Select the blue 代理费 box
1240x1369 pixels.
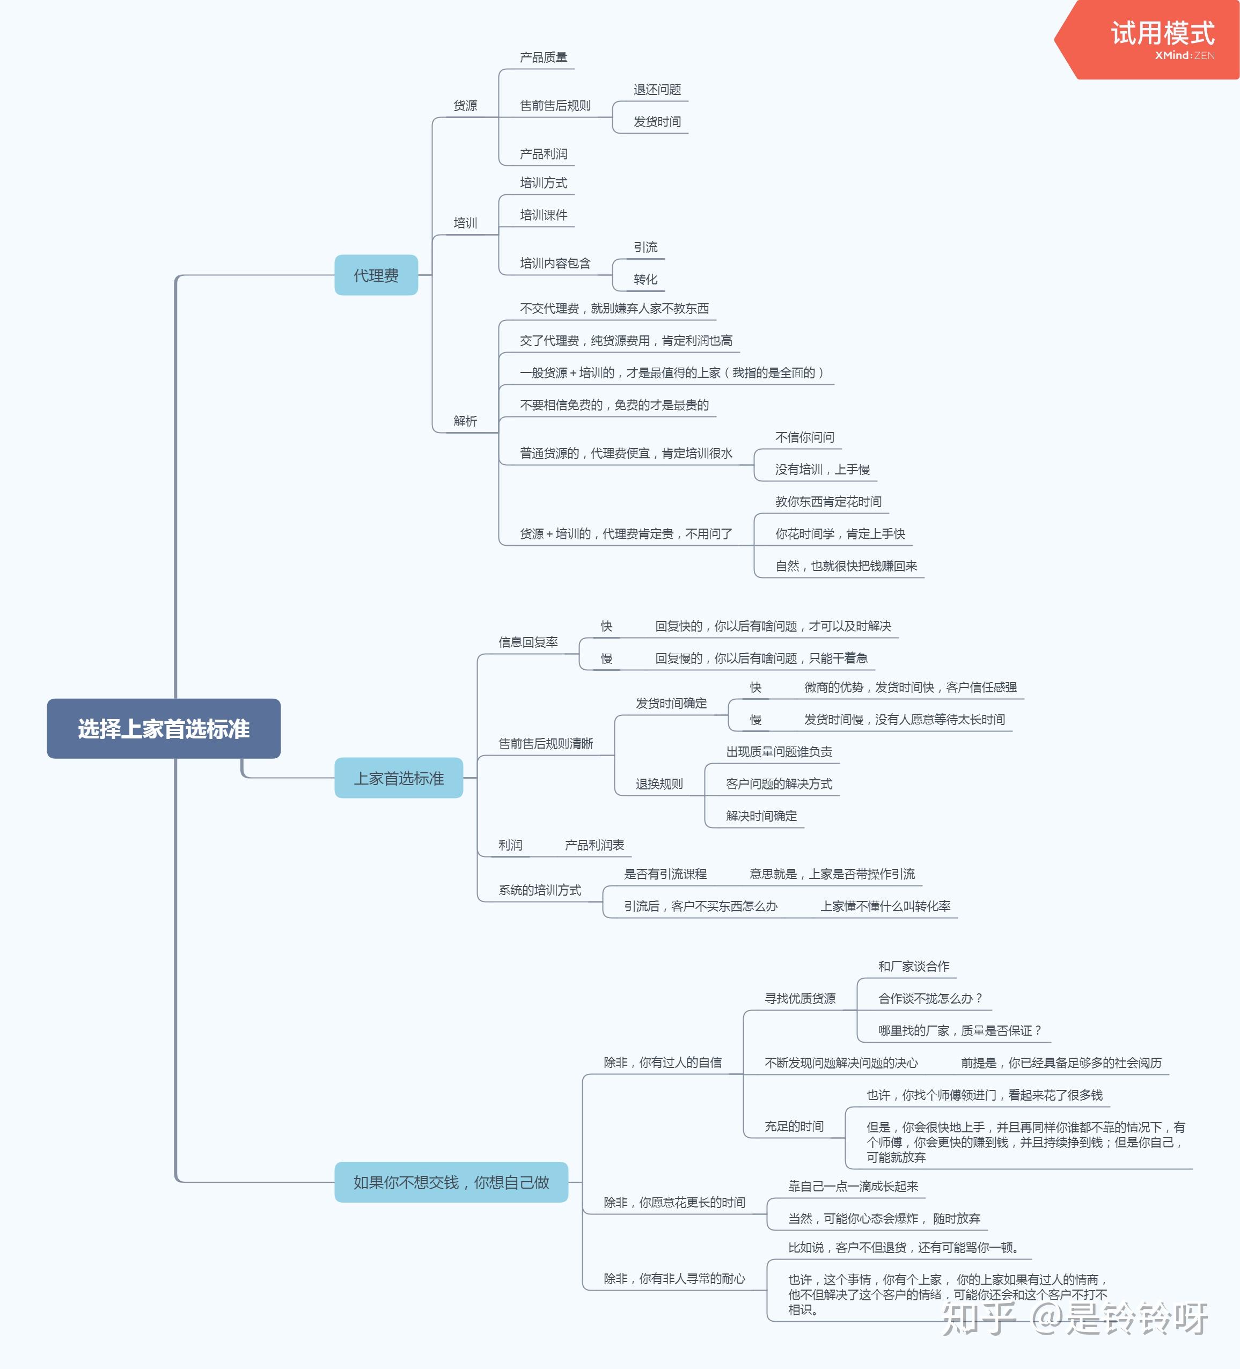coord(376,275)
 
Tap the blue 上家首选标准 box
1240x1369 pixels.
coord(399,778)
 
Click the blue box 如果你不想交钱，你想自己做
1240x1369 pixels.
coord(451,1182)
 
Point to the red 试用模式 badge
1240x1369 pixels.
coord(1148,39)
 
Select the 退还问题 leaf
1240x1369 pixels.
coord(657,90)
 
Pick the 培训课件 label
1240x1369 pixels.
coord(543,215)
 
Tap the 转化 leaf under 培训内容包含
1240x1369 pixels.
coord(645,279)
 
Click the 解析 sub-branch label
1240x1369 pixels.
coord(465,421)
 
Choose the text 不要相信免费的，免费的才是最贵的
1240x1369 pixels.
coord(614,405)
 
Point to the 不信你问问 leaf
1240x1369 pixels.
coord(805,437)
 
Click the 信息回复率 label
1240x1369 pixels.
coord(529,642)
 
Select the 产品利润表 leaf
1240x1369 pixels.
coord(594,845)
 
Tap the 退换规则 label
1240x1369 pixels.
coord(659,784)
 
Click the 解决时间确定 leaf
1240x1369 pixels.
coord(761,816)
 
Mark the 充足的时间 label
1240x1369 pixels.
coord(794,1126)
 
